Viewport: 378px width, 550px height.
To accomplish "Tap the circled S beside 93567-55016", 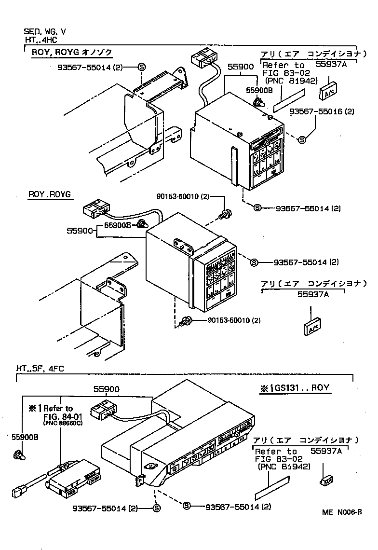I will coord(302,140).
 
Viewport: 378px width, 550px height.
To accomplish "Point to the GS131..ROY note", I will coord(295,388).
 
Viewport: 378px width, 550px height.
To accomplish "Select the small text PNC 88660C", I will coord(63,424).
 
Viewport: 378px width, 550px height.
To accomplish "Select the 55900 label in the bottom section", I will coord(106,389).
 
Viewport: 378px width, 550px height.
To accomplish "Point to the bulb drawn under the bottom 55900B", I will coord(20,454).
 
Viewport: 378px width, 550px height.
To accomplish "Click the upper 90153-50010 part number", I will coord(183,196).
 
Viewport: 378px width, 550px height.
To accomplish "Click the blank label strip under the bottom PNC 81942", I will coord(272,488).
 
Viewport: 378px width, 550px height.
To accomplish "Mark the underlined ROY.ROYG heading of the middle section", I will coord(50,194).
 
